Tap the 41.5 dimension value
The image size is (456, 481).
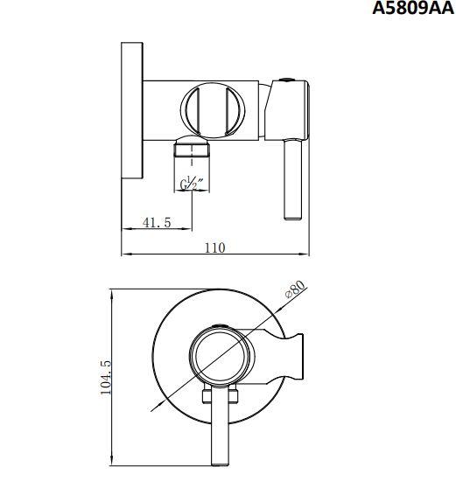tap(157, 223)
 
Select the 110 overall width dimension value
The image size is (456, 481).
tap(214, 247)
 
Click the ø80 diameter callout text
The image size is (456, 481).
tap(294, 290)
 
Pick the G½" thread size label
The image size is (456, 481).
tap(192, 184)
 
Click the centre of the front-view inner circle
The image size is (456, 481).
tap(219, 358)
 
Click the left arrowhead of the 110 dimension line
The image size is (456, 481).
tap(123, 254)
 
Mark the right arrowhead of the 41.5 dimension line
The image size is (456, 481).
tap(189, 230)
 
